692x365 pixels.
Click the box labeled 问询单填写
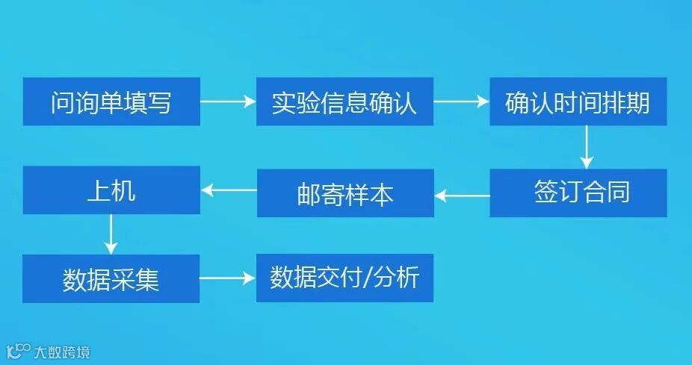(111, 102)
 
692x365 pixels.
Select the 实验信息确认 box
(345, 102)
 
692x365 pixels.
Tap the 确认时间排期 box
(578, 102)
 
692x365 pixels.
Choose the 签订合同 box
(578, 193)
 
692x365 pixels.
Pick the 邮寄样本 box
(345, 194)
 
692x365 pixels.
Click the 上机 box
(111, 190)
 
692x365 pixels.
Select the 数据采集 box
(111, 279)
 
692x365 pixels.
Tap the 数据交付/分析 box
(345, 278)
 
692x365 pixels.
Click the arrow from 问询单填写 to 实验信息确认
(228, 102)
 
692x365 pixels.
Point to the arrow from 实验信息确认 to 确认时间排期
(461, 102)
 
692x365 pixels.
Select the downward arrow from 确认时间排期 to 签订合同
(587, 146)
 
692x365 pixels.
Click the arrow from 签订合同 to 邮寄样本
(462, 196)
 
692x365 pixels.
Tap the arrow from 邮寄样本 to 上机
(229, 190)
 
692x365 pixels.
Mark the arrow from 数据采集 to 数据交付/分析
(228, 279)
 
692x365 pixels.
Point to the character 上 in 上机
(99, 190)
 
